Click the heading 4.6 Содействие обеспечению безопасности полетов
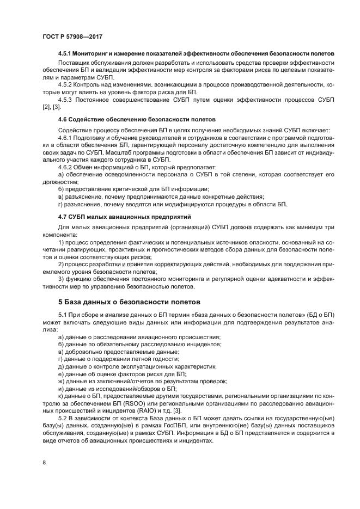[137, 119]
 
